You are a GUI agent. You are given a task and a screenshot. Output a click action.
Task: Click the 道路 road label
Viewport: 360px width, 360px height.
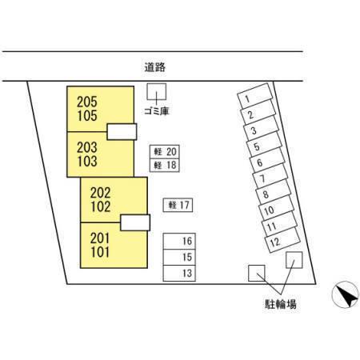tap(155, 67)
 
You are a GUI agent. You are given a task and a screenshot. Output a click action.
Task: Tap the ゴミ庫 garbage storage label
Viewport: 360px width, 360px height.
tap(157, 111)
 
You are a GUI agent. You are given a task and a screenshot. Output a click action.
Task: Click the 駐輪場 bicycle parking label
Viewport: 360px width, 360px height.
tap(281, 304)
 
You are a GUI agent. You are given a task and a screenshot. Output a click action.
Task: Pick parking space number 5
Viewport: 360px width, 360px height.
tap(264, 144)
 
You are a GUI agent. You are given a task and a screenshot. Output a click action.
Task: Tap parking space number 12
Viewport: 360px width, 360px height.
tap(282, 240)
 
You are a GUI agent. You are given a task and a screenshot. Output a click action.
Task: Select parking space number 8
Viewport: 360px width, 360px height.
tap(274, 192)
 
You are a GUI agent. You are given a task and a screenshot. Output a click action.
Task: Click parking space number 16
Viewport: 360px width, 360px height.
tap(179, 242)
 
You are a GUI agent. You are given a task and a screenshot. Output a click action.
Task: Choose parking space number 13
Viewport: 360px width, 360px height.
tap(179, 274)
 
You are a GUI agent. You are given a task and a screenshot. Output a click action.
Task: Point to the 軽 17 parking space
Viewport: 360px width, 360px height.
tap(178, 206)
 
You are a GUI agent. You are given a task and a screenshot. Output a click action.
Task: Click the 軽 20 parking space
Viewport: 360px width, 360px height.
tap(165, 152)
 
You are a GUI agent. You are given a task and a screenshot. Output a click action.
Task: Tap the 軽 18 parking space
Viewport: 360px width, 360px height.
tap(165, 166)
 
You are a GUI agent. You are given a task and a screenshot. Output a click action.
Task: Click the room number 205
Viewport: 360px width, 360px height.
tap(87, 102)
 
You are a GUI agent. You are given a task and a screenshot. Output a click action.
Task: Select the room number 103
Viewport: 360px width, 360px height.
tap(87, 162)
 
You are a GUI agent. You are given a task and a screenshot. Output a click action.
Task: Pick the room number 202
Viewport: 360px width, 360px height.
tap(100, 193)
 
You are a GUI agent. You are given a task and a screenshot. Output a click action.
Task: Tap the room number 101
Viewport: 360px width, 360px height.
tap(100, 252)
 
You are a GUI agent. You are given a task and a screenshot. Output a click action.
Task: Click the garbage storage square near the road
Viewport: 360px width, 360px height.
tap(157, 91)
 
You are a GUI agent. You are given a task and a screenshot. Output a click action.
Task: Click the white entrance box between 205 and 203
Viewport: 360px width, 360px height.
tap(122, 132)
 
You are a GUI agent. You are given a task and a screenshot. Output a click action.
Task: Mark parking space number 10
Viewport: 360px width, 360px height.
tap(277, 208)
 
